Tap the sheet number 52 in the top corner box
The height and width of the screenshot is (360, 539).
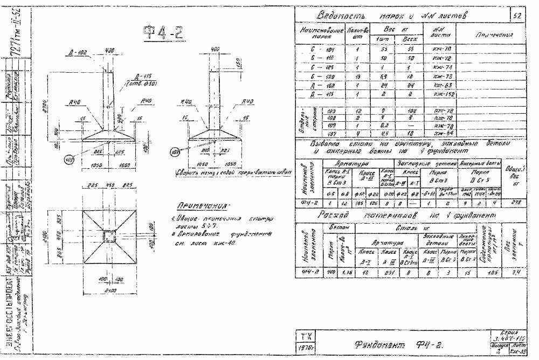pos(517,16)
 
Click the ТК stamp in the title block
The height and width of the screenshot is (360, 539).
pos(304,335)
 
